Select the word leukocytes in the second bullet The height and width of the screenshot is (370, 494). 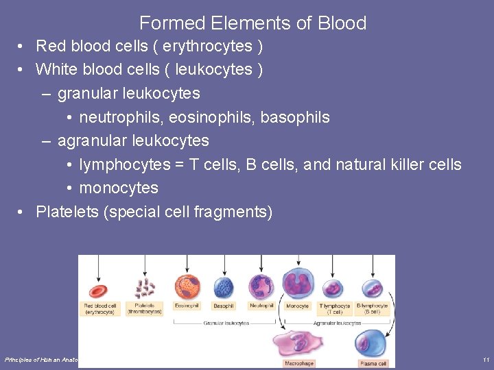click(x=214, y=70)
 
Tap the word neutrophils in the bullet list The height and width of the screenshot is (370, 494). click(x=120, y=117)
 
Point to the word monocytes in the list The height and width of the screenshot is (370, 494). click(x=119, y=188)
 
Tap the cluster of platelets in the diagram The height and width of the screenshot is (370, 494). click(x=145, y=288)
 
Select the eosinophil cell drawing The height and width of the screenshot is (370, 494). click(x=187, y=287)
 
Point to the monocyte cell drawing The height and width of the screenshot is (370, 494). click(x=297, y=286)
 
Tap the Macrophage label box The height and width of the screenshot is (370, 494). click(x=299, y=363)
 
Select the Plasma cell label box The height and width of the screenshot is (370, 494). click(x=373, y=363)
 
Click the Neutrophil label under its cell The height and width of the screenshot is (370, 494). click(x=261, y=306)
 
